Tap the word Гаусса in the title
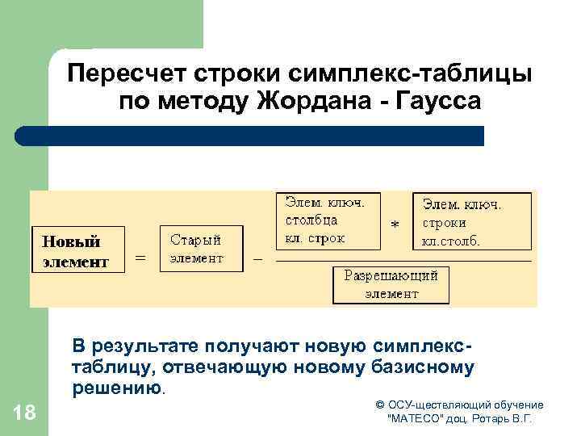coord(439,102)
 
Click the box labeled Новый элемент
coord(78,251)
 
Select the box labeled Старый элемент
coord(202,249)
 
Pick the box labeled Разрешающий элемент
coord(391,284)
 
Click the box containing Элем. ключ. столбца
coord(328,220)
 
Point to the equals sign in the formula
coord(140,258)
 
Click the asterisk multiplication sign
coord(395,225)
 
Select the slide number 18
coord(25,413)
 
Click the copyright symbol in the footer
coord(380,405)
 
